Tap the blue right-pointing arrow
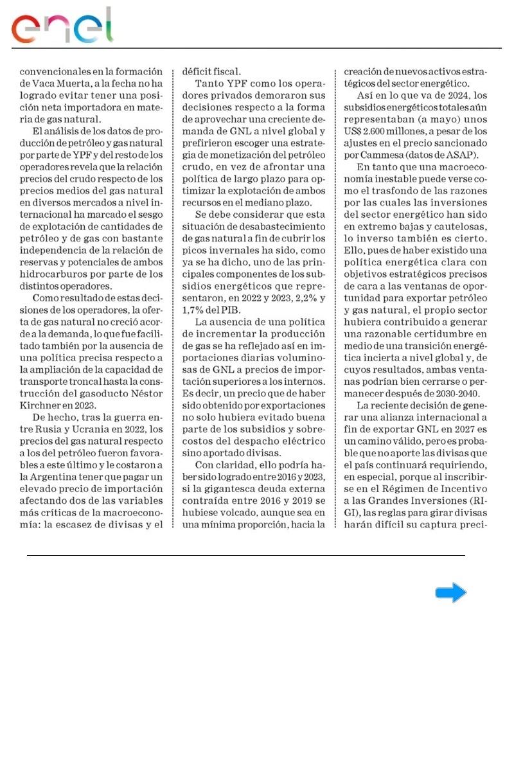(451, 592)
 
